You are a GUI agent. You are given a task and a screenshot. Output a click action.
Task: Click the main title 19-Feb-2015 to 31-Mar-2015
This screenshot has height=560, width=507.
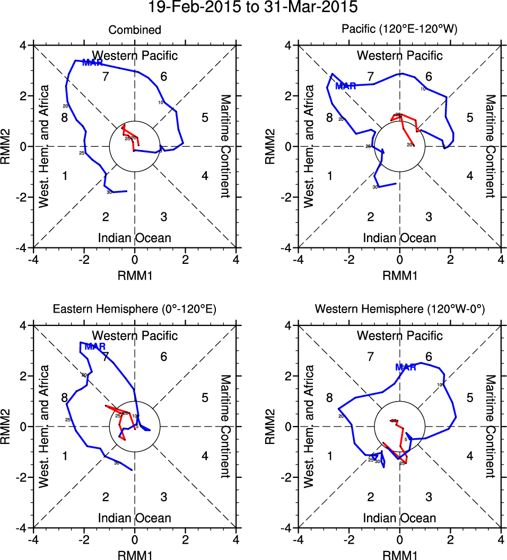pos(253,7)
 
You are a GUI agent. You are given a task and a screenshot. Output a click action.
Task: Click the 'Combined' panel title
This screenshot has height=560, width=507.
pos(135,30)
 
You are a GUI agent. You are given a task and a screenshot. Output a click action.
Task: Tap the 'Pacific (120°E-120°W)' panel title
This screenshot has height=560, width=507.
pos(399,30)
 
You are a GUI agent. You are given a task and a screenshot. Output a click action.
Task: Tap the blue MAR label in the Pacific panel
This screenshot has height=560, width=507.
pos(346,86)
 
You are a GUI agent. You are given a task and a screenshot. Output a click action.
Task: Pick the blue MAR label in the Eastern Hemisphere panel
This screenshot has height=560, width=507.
pos(95,346)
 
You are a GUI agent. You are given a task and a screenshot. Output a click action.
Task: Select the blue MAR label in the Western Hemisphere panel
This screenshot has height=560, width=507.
pos(405,367)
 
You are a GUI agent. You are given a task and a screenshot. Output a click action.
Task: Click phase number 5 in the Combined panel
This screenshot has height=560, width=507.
pos(205,118)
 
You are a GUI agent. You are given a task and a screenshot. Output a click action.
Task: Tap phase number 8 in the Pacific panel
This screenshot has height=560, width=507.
pos(329,118)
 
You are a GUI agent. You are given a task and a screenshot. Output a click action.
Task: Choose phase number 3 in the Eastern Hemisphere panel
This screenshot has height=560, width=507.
pos(164,497)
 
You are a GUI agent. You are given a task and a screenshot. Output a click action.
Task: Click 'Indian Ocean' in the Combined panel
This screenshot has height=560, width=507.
pos(135,238)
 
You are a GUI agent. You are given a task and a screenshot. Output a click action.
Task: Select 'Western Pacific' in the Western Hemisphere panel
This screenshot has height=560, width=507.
pos(399,335)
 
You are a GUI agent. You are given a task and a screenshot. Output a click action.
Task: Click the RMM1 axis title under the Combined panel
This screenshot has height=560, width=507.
pos(135,274)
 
